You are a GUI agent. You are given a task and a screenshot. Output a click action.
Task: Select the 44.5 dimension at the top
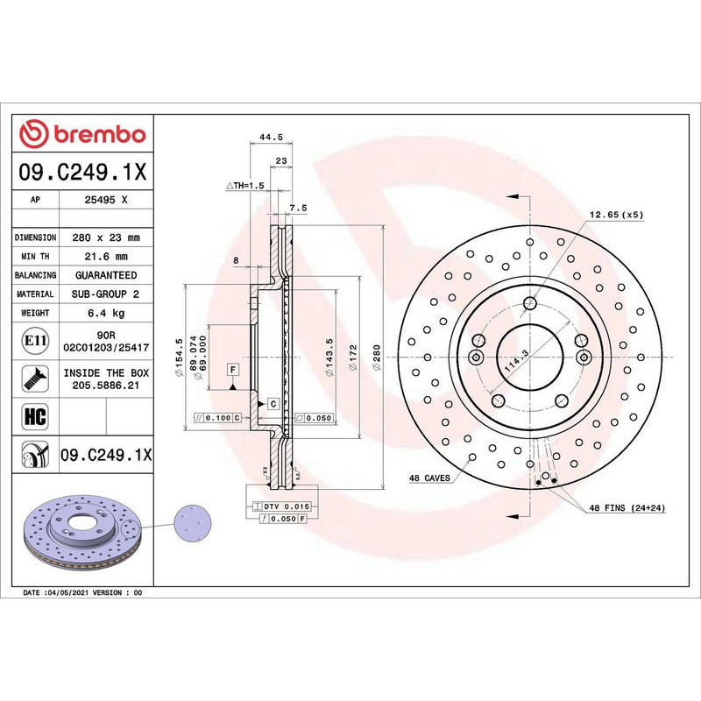coord(271,137)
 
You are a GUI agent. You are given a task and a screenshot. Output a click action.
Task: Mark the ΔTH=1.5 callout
coord(244,186)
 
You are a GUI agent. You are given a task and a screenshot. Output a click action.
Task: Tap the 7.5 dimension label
coord(297,208)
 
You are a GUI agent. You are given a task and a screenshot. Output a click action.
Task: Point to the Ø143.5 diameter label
coord(329,358)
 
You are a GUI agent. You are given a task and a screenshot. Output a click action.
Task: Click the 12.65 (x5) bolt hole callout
coord(615,214)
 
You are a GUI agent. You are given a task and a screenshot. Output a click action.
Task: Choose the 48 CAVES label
coord(429,478)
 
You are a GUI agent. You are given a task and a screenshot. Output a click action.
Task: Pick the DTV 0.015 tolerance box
coord(282,506)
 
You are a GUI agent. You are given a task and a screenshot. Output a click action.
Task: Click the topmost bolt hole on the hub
coord(529,304)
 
